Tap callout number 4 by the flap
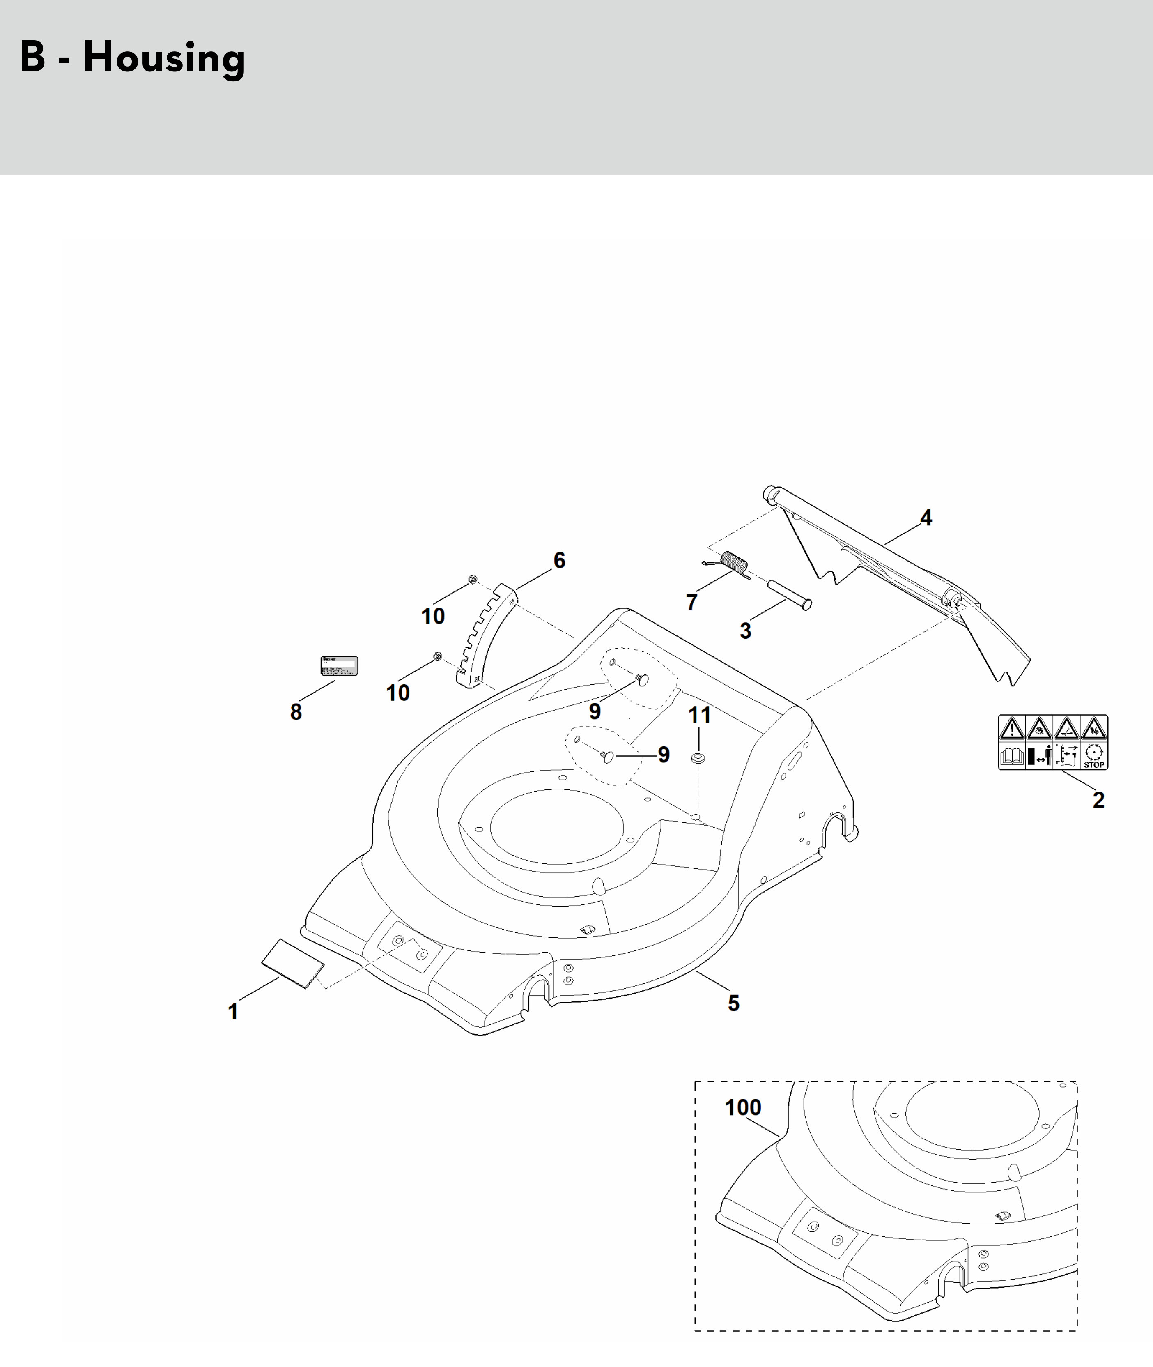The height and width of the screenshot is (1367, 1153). click(x=926, y=518)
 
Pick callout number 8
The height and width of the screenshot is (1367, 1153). click(x=296, y=712)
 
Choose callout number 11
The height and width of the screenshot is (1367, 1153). click(x=699, y=715)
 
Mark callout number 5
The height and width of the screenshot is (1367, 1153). click(x=733, y=1003)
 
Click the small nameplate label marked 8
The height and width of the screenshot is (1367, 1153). click(x=339, y=665)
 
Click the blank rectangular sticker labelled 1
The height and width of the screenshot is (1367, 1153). click(x=292, y=964)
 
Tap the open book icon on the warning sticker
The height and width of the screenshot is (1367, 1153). click(x=1011, y=757)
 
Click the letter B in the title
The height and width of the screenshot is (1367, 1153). click(x=33, y=58)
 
